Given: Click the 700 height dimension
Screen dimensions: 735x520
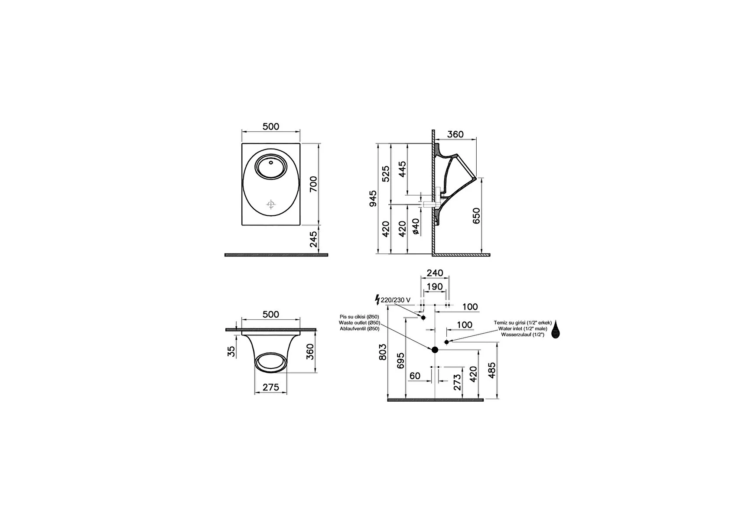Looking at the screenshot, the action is point(314,184).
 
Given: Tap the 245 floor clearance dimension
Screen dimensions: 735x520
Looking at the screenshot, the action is point(314,239).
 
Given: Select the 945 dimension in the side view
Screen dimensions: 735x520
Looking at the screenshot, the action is point(373,198).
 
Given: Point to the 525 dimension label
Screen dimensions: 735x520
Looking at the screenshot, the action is point(386,174).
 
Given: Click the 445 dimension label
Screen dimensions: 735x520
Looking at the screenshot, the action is point(402,169).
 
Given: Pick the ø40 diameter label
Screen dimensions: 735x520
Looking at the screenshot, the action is point(416,226).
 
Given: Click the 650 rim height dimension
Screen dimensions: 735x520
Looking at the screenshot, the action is point(476,215).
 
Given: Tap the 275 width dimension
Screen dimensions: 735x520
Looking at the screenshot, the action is point(271,387).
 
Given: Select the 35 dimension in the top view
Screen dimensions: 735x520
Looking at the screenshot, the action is point(232,351).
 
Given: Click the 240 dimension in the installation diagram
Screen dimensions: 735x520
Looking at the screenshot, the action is point(435,273).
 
